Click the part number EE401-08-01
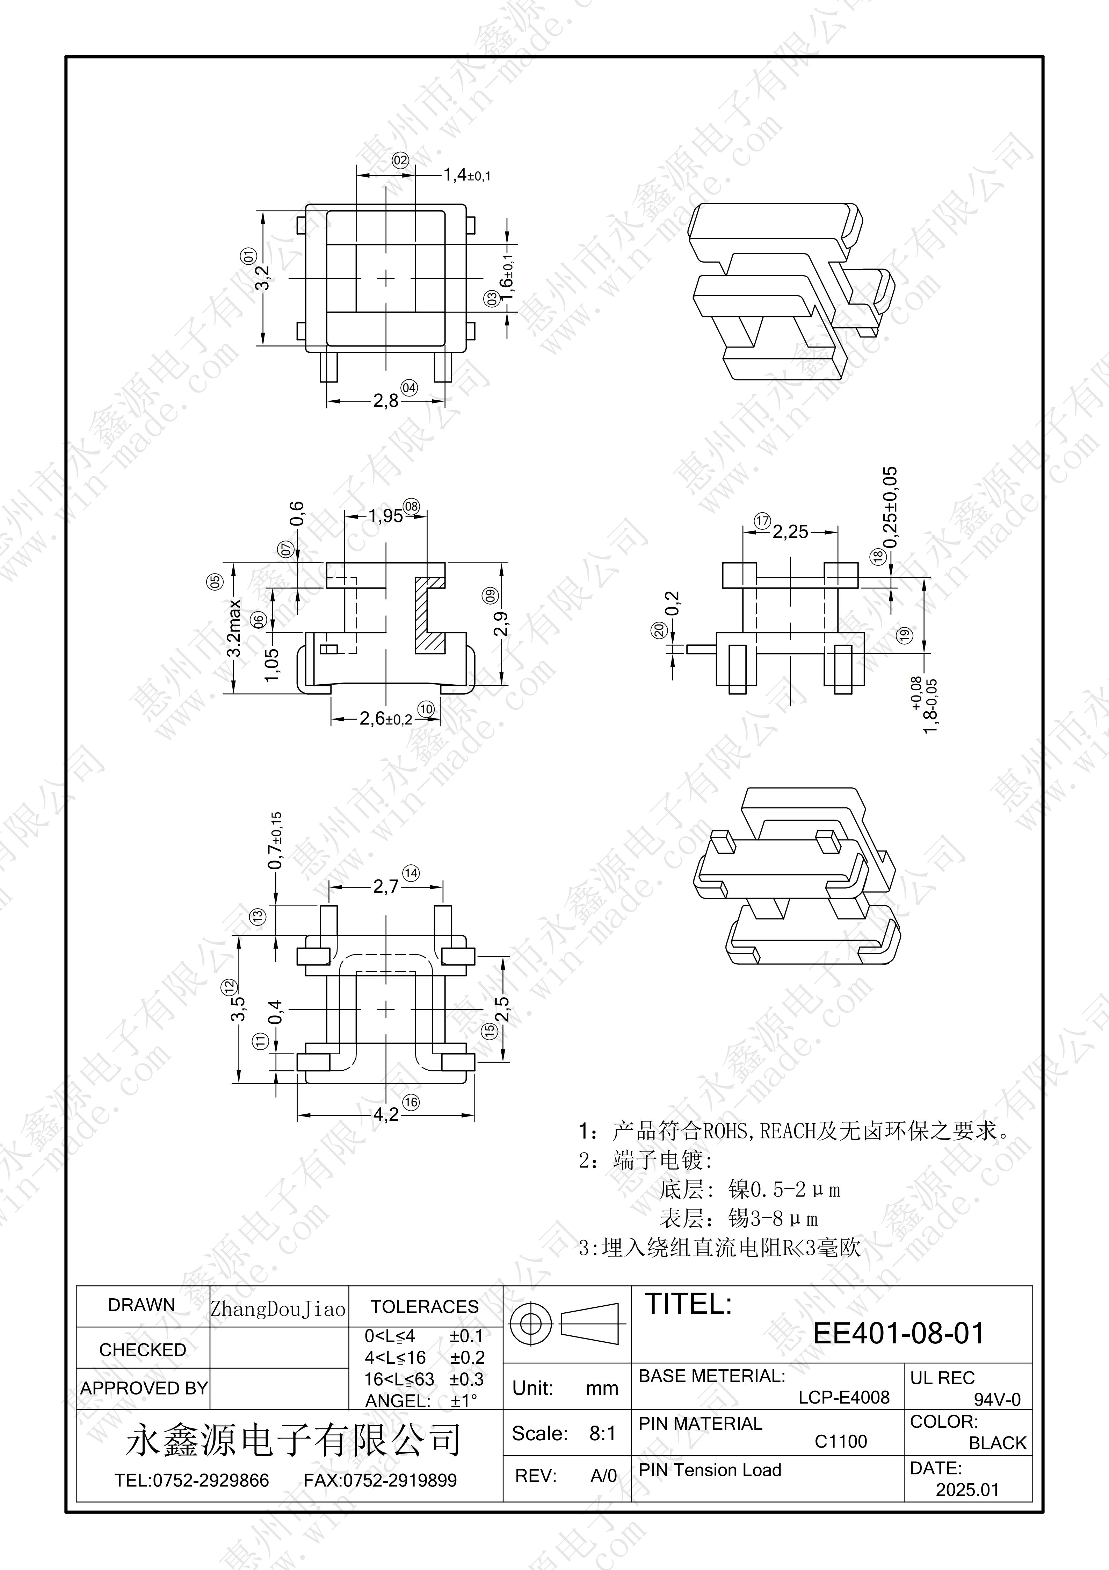(x=898, y=1333)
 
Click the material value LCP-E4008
(x=844, y=1397)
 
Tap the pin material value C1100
(x=840, y=1441)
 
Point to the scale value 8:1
(x=603, y=1433)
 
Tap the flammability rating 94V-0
(x=997, y=1399)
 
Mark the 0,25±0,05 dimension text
(x=890, y=507)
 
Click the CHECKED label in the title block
(x=142, y=1350)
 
